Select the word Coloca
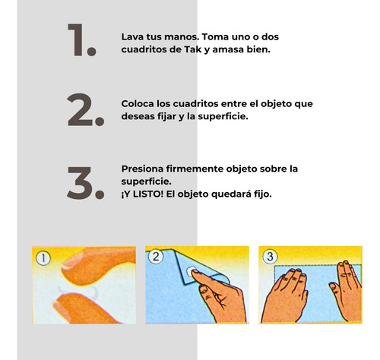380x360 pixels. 138,104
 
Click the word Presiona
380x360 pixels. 142,169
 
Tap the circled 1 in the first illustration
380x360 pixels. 43,258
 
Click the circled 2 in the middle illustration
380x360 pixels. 156,257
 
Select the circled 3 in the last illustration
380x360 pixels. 270,257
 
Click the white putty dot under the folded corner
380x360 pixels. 191,272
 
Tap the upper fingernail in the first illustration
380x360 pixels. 71,261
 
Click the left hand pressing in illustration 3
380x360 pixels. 285,296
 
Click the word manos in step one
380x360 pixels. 181,37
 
